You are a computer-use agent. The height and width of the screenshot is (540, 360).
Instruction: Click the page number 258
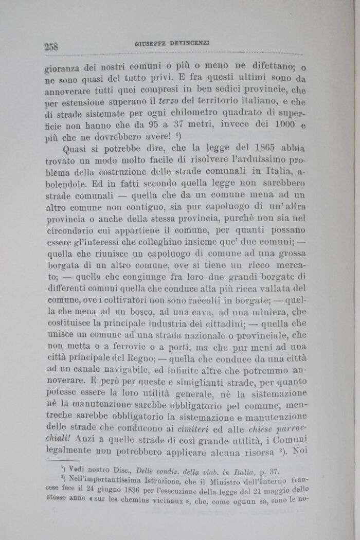[x=51, y=46]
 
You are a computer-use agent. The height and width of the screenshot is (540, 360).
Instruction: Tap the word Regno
[x=141, y=358]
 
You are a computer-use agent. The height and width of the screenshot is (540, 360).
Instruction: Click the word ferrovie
[x=138, y=347]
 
